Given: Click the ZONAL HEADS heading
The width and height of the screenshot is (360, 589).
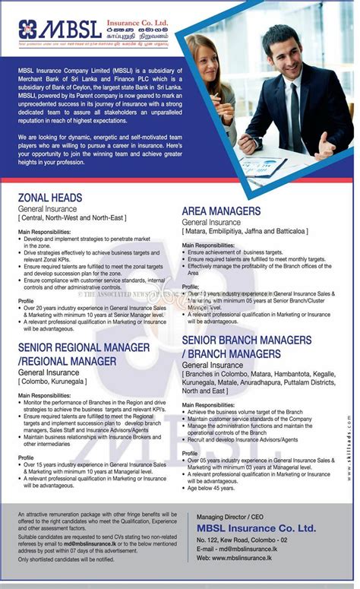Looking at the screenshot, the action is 49,198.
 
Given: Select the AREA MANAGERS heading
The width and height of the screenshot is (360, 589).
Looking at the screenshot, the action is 221,211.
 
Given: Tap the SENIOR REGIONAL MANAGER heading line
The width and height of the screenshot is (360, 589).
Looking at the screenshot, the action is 83,347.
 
